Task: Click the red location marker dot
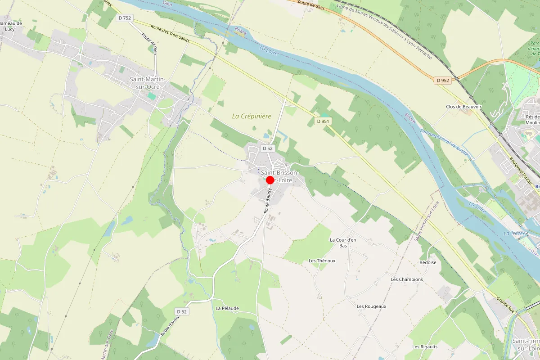(270, 180)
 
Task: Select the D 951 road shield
(323, 121)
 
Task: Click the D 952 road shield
(443, 81)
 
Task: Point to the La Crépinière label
(252, 116)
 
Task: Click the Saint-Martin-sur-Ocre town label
(148, 83)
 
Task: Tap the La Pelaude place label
(227, 308)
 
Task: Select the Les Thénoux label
(322, 261)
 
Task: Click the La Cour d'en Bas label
(343, 243)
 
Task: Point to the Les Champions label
(407, 279)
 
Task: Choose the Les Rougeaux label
(371, 306)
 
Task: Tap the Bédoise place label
(427, 262)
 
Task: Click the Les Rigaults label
(425, 346)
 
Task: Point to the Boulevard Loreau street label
(522, 172)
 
